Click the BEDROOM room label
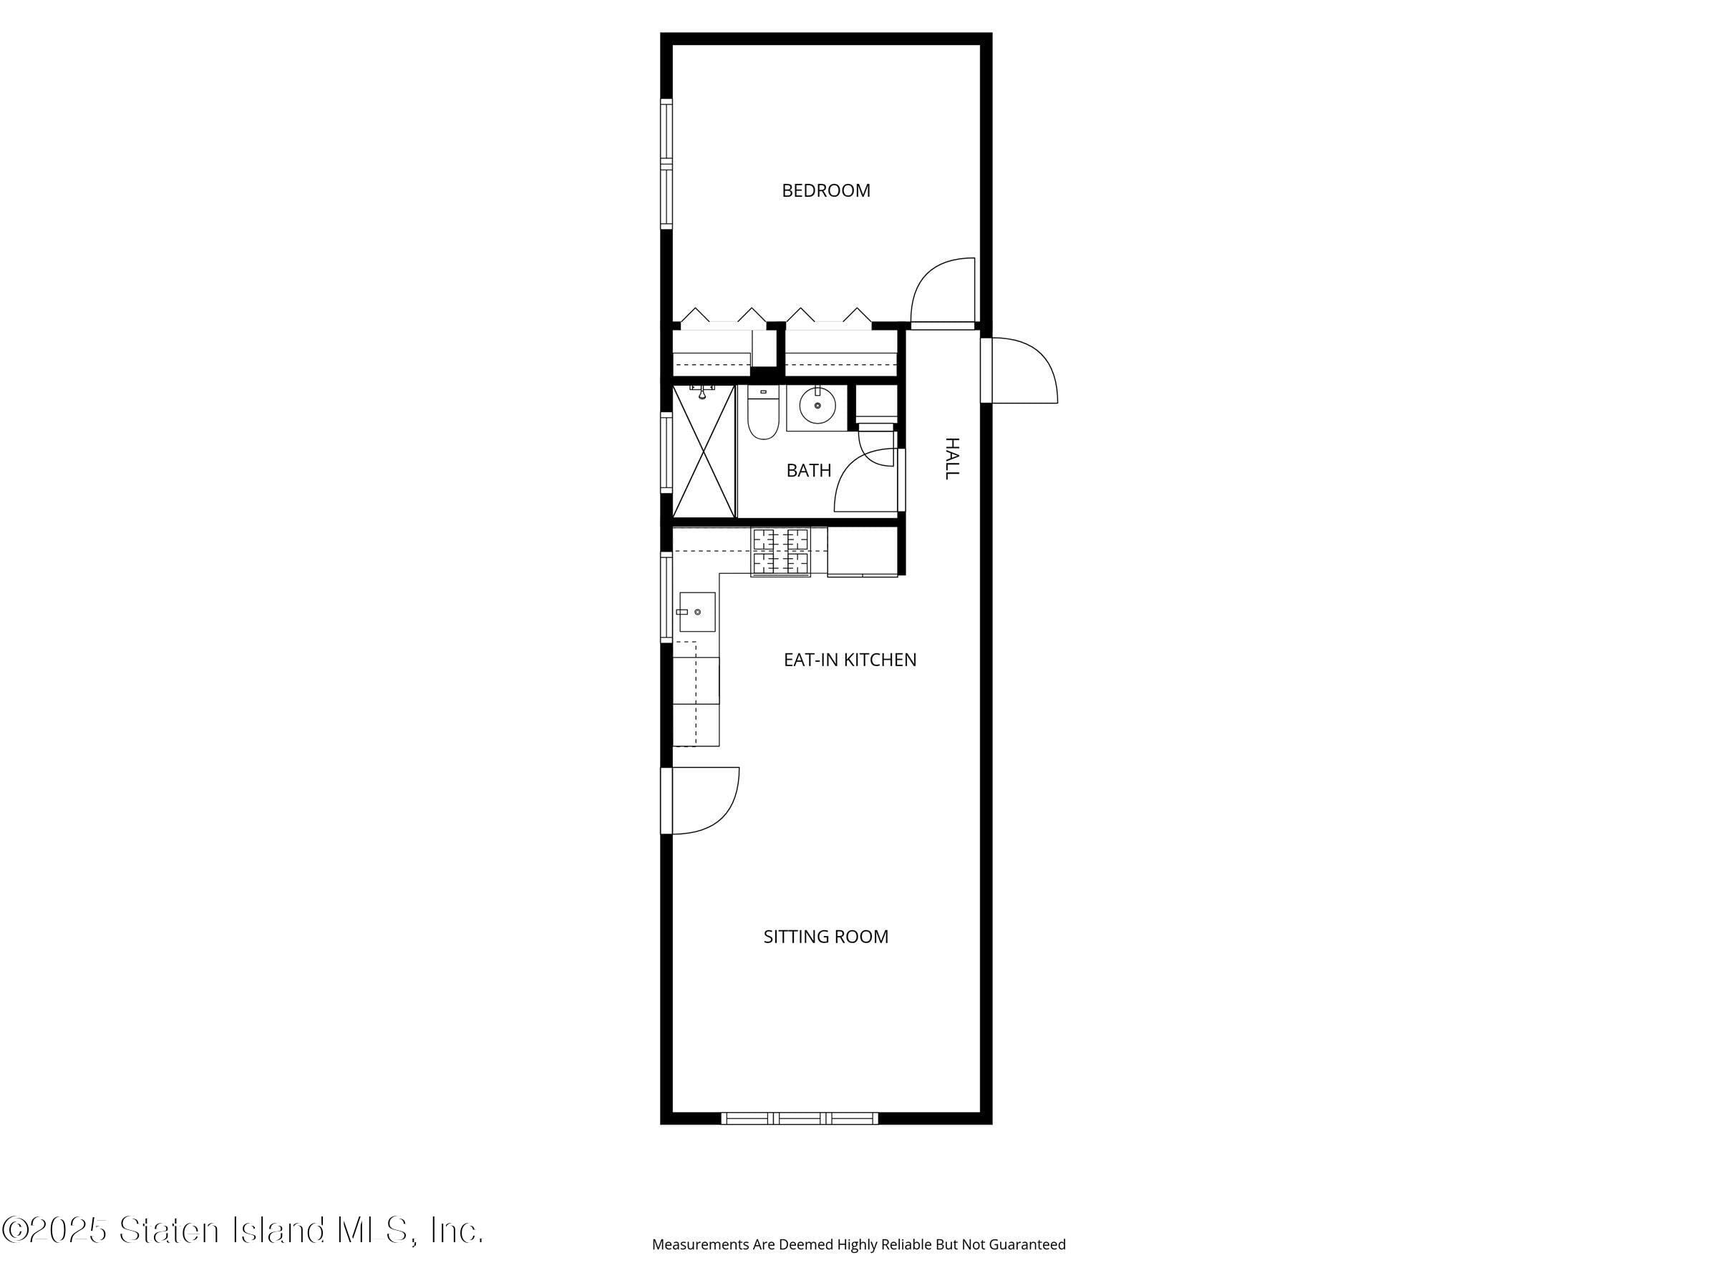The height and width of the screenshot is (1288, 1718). tap(825, 190)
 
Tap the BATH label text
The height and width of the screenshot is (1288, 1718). tap(808, 469)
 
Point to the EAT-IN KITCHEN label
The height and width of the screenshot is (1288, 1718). tap(850, 660)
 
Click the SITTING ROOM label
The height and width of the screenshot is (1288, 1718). tap(825, 936)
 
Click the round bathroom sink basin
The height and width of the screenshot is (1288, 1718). tap(816, 405)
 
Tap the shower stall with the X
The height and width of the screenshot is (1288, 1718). tap(703, 451)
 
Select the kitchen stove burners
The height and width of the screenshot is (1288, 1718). tap(780, 551)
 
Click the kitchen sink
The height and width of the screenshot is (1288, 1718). tap(697, 612)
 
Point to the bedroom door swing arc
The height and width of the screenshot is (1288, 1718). tap(941, 291)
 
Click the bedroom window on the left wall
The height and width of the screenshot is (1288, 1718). tap(666, 164)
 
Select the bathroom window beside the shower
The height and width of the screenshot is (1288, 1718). tap(666, 452)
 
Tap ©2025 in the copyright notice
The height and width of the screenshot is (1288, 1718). tap(54, 1230)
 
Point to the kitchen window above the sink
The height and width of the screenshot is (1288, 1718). tap(666, 596)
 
